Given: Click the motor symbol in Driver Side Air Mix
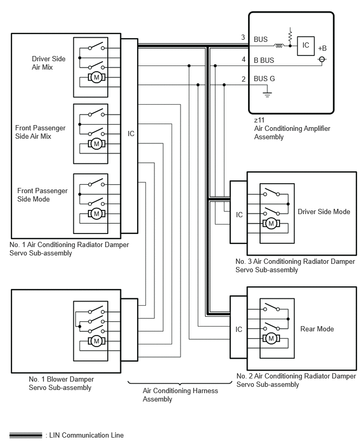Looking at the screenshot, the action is click(96, 77).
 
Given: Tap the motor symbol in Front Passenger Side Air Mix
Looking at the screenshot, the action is click(96, 143).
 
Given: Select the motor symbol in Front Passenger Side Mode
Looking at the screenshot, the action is click(96, 214).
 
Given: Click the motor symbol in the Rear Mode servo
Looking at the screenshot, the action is click(271, 338).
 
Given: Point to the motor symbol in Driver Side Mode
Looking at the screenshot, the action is click(271, 224).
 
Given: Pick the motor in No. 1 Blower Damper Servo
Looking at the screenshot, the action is click(96, 341).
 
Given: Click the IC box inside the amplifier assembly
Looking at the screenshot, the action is click(306, 46).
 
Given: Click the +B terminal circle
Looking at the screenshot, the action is click(322, 60).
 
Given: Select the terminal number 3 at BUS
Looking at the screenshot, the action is click(243, 37).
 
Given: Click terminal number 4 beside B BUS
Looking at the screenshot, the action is click(243, 59).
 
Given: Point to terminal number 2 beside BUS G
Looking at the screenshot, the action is click(243, 79).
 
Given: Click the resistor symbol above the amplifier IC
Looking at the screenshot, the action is click(290, 35).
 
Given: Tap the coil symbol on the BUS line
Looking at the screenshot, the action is click(279, 46).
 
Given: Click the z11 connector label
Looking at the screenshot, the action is click(259, 120).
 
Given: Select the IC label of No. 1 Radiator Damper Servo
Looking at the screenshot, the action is click(131, 133).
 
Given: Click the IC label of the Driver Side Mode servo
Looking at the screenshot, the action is click(239, 215).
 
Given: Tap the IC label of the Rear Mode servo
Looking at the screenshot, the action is click(239, 329).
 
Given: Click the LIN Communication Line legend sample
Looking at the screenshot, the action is click(26, 435).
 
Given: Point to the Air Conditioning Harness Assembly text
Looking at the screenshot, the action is click(181, 395).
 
